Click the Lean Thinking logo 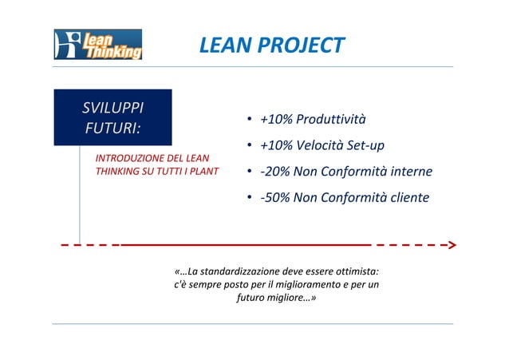click(x=97, y=45)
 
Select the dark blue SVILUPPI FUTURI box click(x=112, y=117)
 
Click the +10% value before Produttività click(x=275, y=120)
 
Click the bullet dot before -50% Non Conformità click(x=250, y=198)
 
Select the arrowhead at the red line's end click(x=451, y=244)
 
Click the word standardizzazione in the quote click(x=240, y=271)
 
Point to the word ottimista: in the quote click(x=355, y=271)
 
